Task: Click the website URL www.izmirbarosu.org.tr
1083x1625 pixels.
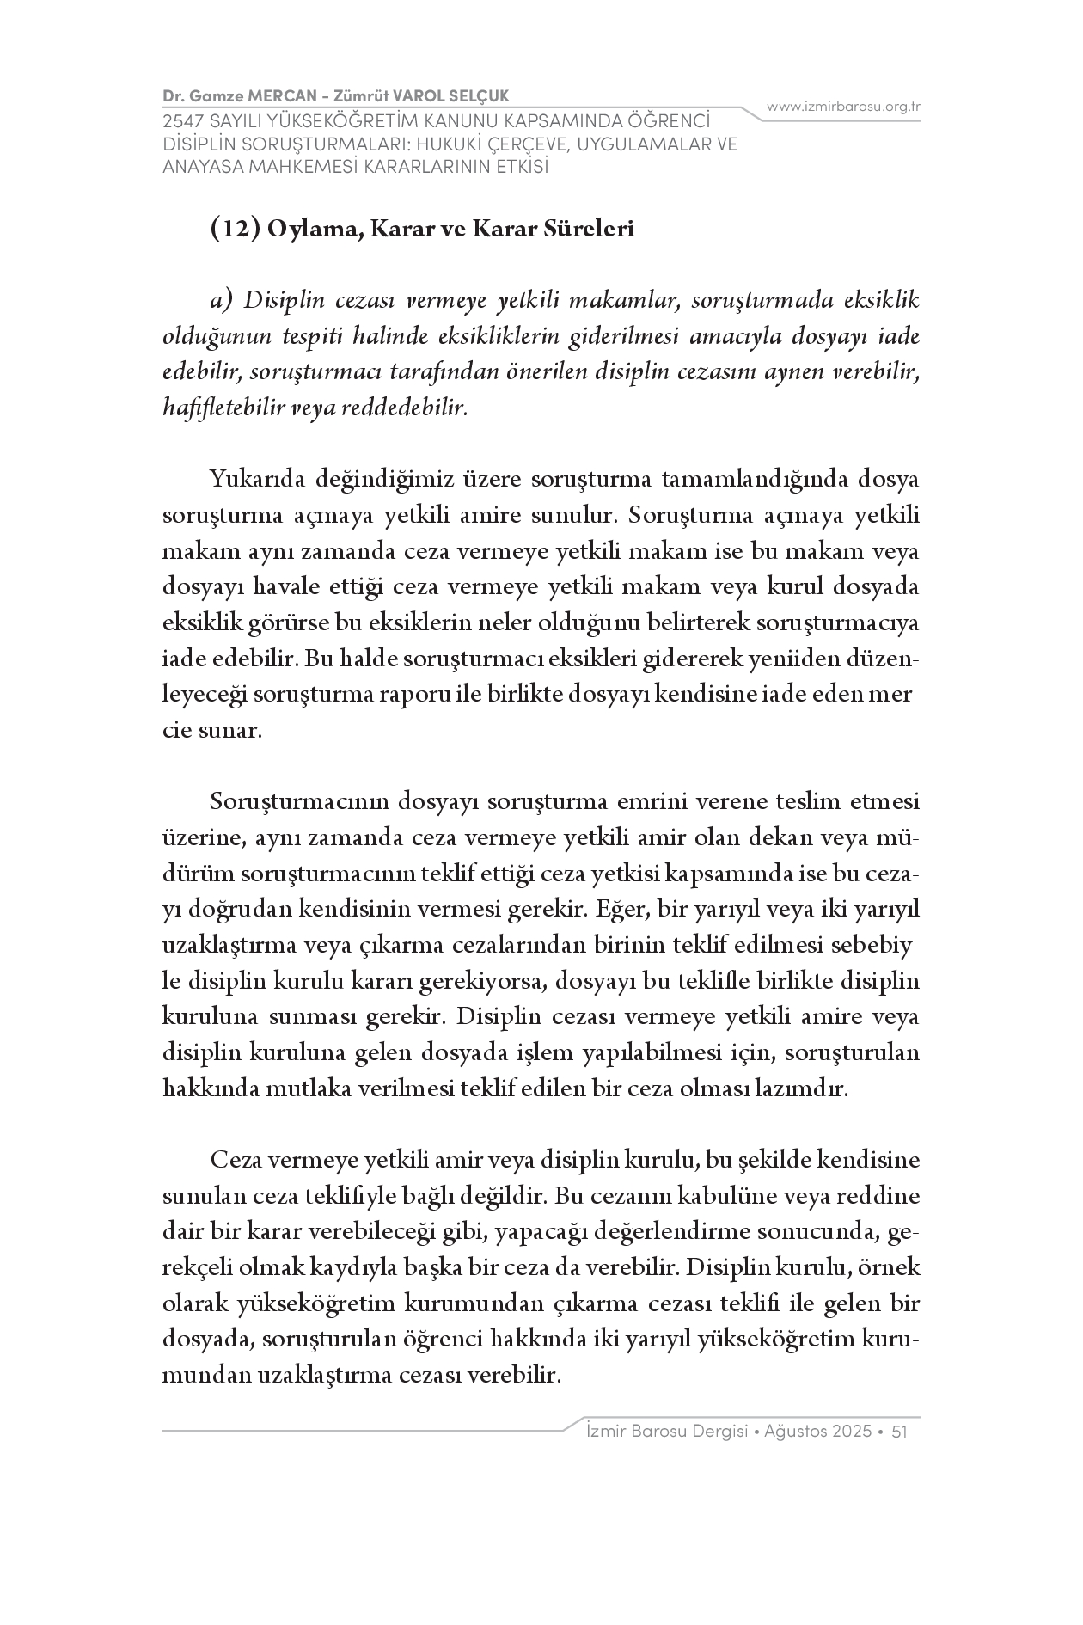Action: coord(843,107)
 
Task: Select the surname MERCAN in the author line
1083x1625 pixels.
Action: coord(272,94)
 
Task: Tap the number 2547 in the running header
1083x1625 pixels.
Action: coord(180,121)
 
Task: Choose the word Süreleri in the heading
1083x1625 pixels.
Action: coord(587,230)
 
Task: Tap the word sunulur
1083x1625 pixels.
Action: coord(574,516)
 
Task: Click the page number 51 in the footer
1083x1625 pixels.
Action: coord(901,1432)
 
